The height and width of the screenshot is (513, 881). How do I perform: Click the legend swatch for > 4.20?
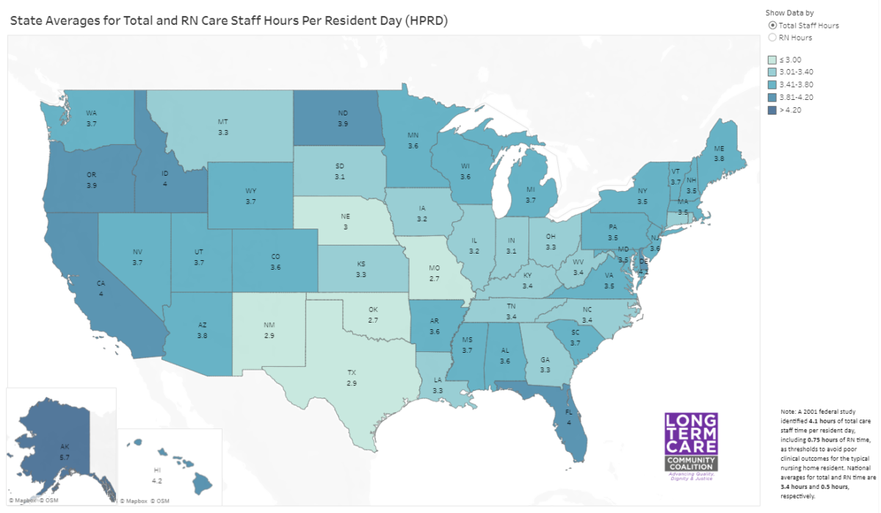771,110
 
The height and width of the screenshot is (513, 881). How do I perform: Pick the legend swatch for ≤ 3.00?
771,60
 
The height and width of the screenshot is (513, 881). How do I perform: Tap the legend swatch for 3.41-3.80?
771,85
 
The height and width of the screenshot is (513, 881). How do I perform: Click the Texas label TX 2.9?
352,379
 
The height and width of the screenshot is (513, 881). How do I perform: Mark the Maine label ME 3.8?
718,153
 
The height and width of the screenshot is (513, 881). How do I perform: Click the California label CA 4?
101,287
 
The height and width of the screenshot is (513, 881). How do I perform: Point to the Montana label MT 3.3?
222,126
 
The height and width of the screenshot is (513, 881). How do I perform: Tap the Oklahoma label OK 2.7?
373,315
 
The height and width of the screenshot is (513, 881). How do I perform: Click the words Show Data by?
788,12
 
